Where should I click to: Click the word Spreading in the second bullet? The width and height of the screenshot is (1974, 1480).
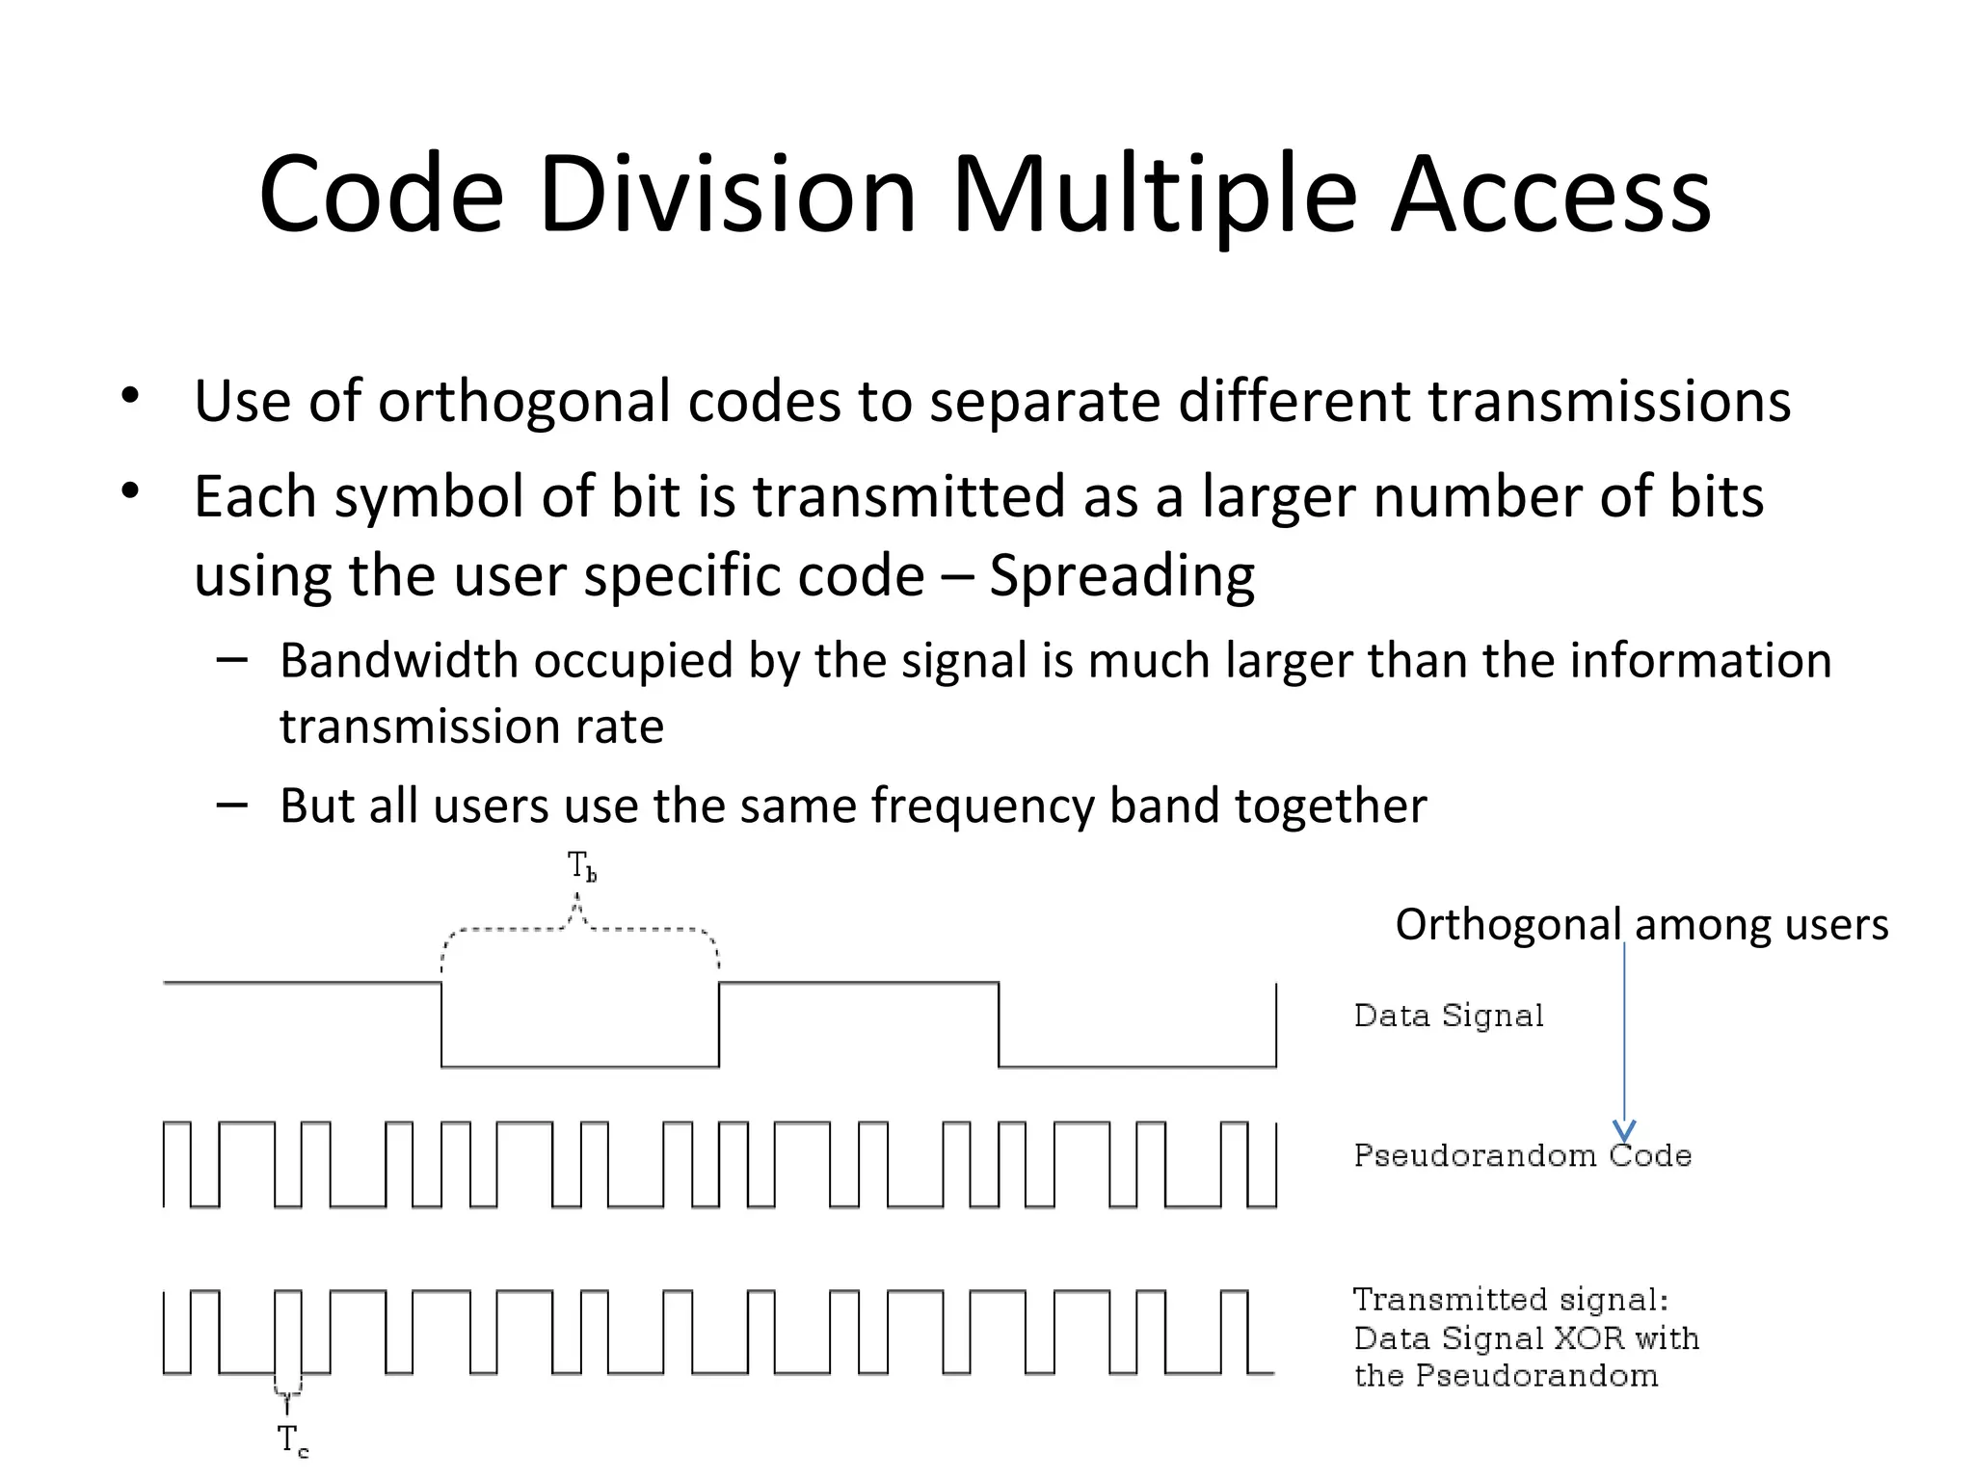pos(1121,577)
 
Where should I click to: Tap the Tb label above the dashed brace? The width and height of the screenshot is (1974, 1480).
pos(581,866)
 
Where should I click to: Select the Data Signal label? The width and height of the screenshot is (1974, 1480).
pos(1448,1016)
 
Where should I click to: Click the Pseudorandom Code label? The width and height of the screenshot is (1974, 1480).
pos(1522,1155)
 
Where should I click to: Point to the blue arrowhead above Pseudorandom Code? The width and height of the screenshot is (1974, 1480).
pos(1624,1130)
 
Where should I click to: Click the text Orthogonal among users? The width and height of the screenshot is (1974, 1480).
pos(1641,925)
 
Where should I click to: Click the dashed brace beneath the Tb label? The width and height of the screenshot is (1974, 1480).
pos(579,929)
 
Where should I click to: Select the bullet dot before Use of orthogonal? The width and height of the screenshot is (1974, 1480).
pos(131,396)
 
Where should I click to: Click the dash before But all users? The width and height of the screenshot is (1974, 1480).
pos(232,805)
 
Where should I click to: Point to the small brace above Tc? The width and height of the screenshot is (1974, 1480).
pos(287,1390)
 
